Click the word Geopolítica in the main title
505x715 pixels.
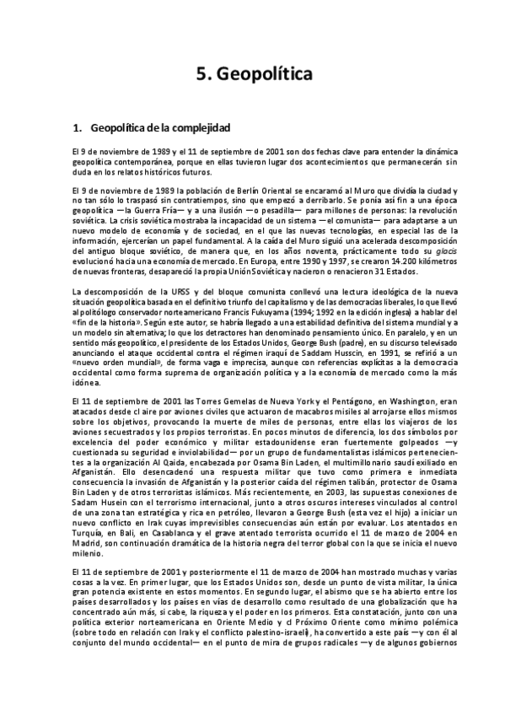264,74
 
